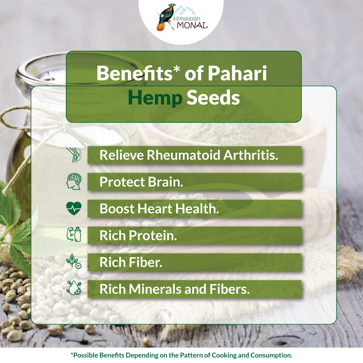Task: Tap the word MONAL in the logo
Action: [x=192, y=25]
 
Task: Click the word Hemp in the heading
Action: [x=155, y=98]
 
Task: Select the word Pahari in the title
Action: [x=238, y=73]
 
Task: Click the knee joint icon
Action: [x=74, y=155]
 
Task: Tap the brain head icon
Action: [x=74, y=182]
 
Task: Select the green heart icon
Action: [x=74, y=208]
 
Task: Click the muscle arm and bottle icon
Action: [x=74, y=235]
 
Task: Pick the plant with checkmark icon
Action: [x=74, y=261]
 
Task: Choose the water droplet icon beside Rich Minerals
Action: [x=74, y=288]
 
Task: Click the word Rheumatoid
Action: [x=184, y=155]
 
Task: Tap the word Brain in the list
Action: [x=165, y=182]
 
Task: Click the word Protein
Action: [x=153, y=235]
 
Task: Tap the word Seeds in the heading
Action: [x=213, y=98]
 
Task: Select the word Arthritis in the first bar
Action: [x=251, y=155]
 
